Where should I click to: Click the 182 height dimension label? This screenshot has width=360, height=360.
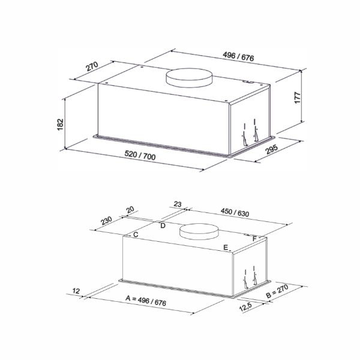(x=60, y=125)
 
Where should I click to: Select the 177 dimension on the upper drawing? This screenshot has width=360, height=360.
(x=298, y=98)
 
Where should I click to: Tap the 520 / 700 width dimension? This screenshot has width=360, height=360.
(x=140, y=155)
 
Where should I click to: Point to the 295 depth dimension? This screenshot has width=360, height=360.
(x=272, y=149)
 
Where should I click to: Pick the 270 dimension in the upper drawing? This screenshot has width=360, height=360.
(x=92, y=67)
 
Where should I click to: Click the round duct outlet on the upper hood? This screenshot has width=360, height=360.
(x=190, y=77)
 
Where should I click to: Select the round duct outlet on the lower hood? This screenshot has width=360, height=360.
(x=199, y=232)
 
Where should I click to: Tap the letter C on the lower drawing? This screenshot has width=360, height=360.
(x=136, y=235)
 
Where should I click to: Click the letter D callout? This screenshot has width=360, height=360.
(x=163, y=226)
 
